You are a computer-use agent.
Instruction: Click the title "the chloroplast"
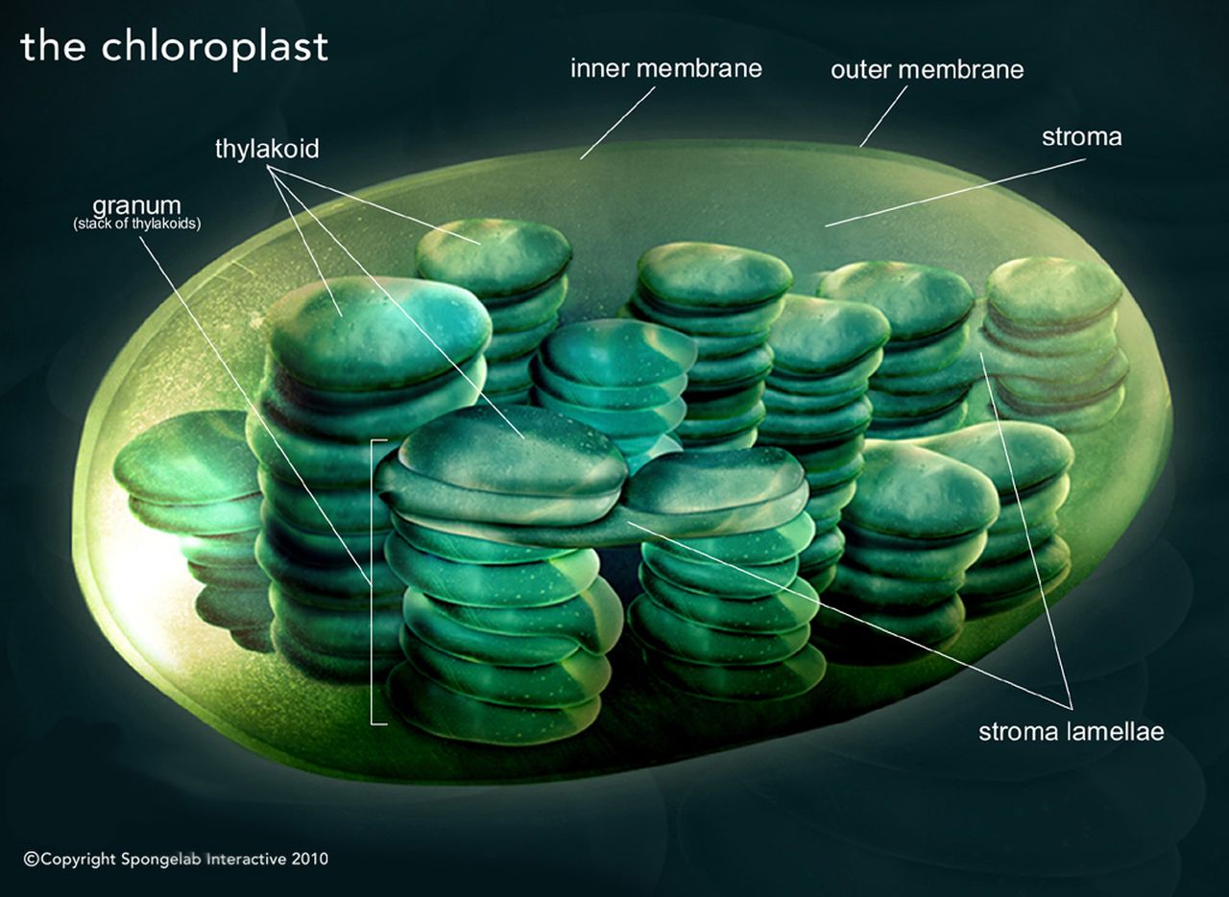(x=174, y=46)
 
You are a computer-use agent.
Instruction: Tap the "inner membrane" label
(x=665, y=68)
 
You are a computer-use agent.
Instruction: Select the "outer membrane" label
(x=927, y=69)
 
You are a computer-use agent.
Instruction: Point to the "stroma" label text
(x=1081, y=137)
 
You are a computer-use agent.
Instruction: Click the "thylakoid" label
(x=267, y=150)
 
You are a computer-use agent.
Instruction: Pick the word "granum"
(x=136, y=206)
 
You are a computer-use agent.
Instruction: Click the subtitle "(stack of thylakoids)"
(x=143, y=224)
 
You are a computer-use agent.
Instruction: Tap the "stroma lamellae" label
(x=1071, y=732)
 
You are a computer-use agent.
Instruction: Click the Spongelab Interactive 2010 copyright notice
(x=176, y=859)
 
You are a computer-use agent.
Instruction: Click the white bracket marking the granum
(x=373, y=581)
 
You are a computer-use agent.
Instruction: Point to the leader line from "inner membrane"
(x=617, y=123)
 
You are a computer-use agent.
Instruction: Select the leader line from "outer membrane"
(x=883, y=116)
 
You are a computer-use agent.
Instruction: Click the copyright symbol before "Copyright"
(x=31, y=860)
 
